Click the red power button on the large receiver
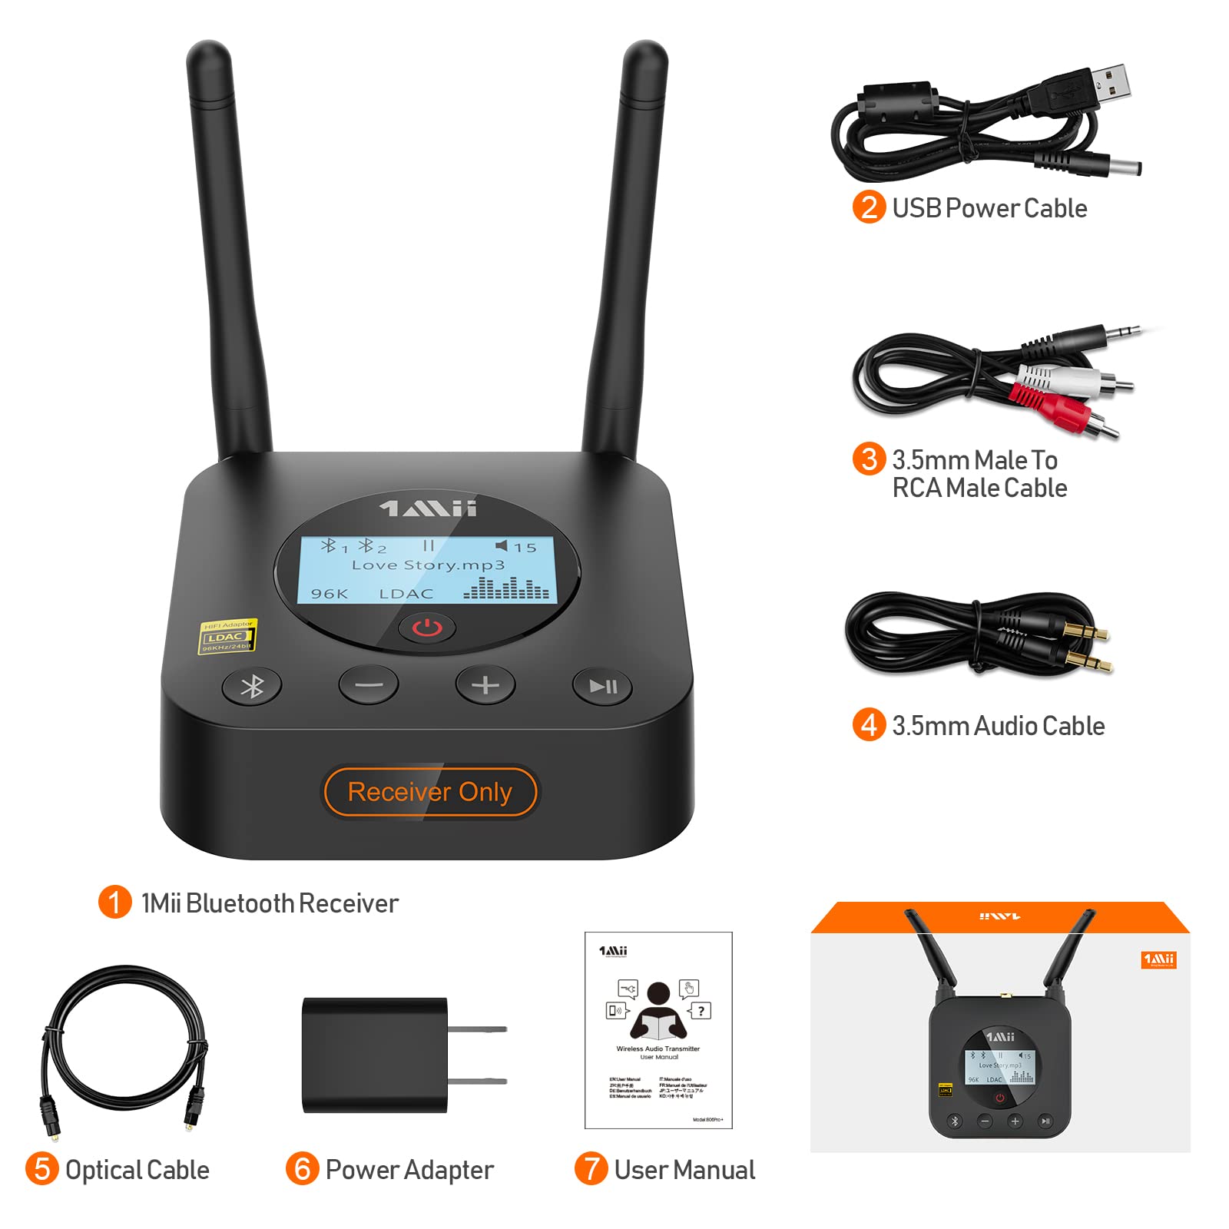point(427,628)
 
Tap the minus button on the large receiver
point(369,685)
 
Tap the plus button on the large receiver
point(485,685)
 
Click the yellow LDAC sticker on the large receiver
point(227,637)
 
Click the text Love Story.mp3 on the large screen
point(428,565)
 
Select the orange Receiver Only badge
point(429,792)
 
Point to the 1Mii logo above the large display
point(428,508)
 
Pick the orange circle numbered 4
point(869,724)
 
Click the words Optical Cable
point(137,1170)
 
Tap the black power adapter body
point(375,1055)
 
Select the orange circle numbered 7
point(591,1169)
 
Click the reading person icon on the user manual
point(658,1010)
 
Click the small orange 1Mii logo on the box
point(1158,959)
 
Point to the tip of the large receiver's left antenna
point(208,52)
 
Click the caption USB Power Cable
point(989,208)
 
